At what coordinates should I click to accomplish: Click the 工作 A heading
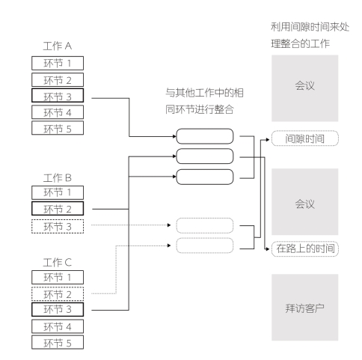point(58,46)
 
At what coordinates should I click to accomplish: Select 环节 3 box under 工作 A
point(58,95)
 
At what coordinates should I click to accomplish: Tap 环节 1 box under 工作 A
point(58,63)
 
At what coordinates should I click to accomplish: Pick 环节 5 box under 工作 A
point(58,128)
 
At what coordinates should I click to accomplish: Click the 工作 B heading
point(58,178)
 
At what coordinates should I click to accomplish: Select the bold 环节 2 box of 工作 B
point(58,209)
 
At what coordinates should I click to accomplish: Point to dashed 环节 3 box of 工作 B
point(58,226)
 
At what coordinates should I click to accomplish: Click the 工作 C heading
point(58,263)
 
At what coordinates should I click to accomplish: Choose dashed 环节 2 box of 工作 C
point(58,294)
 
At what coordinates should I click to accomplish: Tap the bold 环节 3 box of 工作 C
point(58,310)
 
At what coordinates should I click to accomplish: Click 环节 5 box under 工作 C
point(58,342)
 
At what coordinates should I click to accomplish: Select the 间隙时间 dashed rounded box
point(305,138)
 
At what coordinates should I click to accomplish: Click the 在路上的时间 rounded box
point(305,248)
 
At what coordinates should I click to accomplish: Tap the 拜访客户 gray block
point(305,308)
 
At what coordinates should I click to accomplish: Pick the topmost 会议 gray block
point(305,88)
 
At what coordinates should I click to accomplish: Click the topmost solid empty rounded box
point(205,136)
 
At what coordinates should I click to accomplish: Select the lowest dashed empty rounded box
point(205,245)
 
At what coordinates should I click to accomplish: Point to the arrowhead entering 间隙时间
point(268,140)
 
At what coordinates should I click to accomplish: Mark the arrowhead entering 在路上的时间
point(268,249)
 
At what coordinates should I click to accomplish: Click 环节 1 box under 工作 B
point(58,192)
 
